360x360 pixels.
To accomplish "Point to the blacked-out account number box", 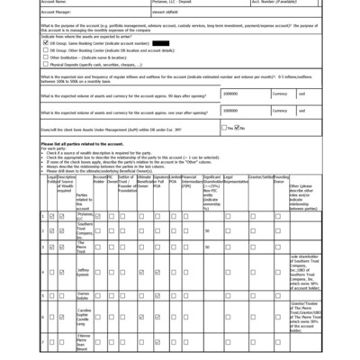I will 161,42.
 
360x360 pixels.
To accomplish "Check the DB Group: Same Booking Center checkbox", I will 45,42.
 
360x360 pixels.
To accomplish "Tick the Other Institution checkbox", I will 45,58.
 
